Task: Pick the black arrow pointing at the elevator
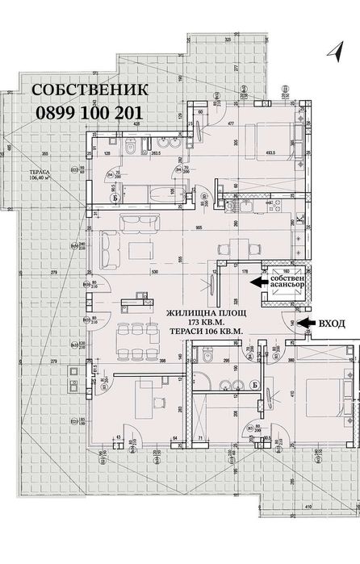coord(260,282)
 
